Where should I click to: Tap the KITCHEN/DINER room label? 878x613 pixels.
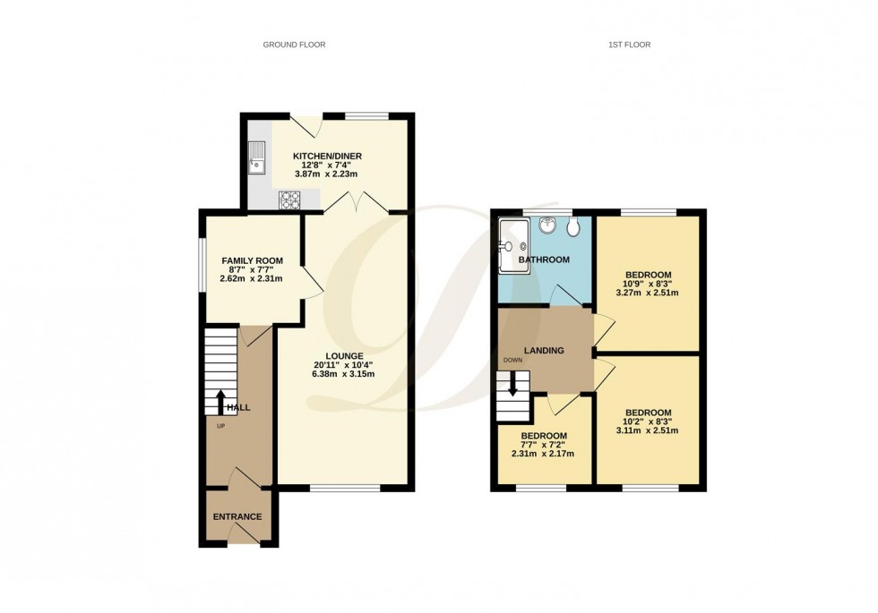[x=327, y=156]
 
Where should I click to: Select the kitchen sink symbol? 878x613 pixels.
[x=258, y=158]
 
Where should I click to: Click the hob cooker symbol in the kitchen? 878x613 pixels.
[x=290, y=200]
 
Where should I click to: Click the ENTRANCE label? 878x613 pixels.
[x=237, y=516]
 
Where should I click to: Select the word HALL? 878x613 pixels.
[x=238, y=407]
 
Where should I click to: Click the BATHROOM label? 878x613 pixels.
[x=547, y=260]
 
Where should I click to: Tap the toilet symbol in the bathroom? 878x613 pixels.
[x=572, y=229]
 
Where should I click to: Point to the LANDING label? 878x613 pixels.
[x=545, y=350]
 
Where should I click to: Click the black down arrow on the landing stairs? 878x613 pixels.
[x=512, y=386]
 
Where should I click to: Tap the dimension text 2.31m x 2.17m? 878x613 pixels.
[x=545, y=454]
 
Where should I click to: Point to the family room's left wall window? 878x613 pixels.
[x=201, y=264]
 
